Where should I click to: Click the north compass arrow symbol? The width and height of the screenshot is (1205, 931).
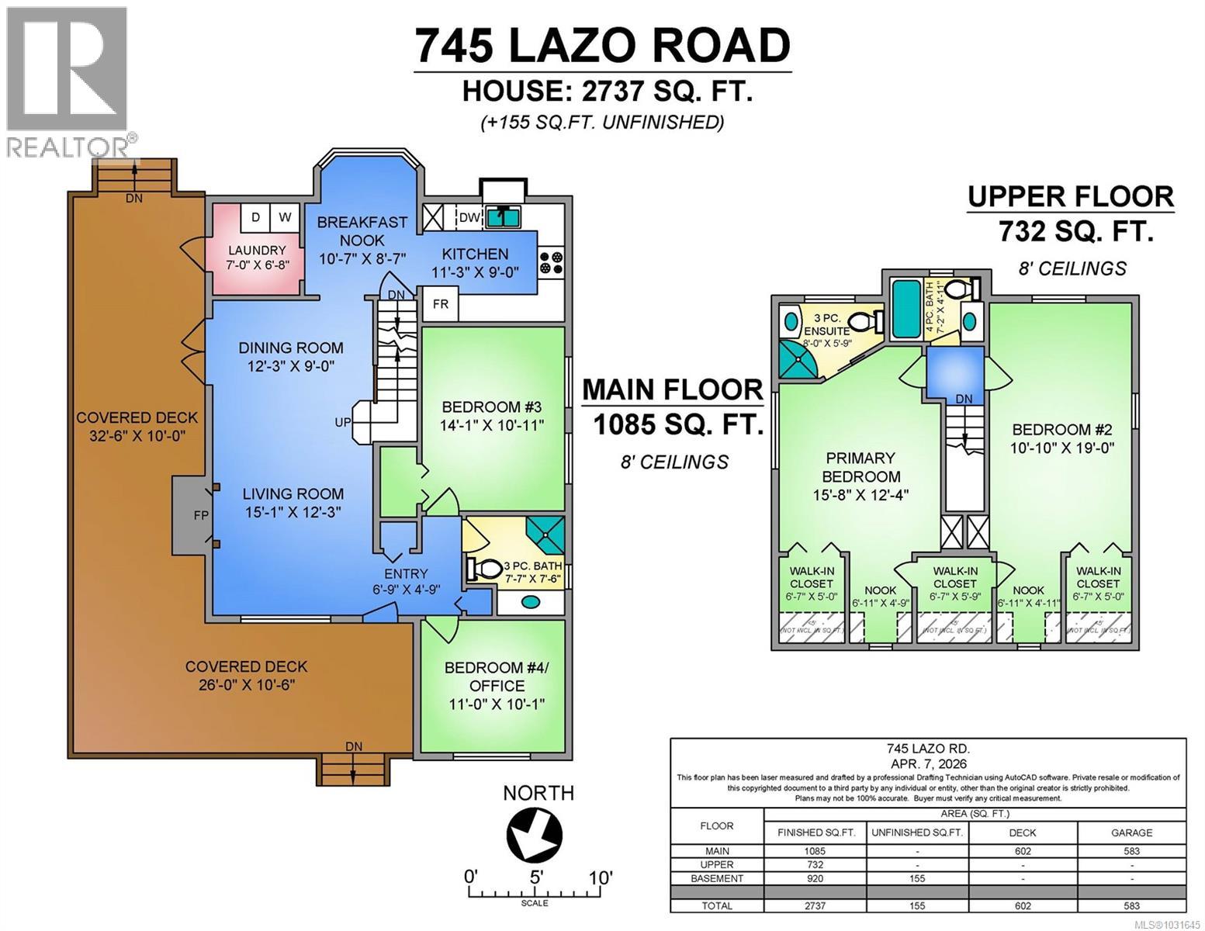coord(535,834)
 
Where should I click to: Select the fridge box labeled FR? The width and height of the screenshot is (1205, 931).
coord(440,304)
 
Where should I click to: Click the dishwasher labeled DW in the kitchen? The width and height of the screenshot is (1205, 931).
coord(469,217)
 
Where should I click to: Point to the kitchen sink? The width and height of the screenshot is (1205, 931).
coord(504,217)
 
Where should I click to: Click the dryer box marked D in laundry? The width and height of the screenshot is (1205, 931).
coord(255,217)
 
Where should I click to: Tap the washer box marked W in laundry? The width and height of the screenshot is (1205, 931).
coord(285,217)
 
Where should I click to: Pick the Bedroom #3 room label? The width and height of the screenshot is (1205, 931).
coord(491,407)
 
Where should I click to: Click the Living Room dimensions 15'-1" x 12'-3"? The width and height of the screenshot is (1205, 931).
coord(293,512)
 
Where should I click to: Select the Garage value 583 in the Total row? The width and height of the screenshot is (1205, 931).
coord(1131,905)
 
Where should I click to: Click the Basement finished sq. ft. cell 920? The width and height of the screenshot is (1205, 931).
coord(815,879)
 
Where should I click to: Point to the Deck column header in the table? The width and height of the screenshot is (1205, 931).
coord(1022,832)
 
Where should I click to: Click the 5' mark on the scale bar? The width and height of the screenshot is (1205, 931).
coord(535,878)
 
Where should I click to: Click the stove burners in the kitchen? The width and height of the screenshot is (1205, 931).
coord(552,262)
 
